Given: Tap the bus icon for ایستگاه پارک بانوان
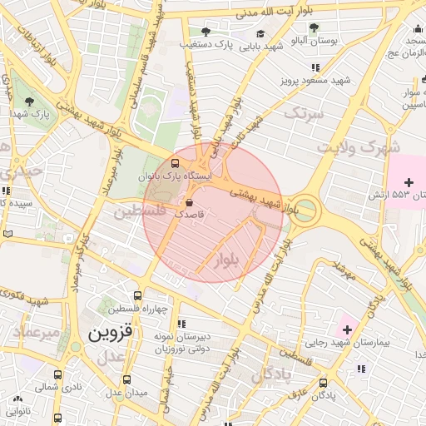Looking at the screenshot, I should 175,163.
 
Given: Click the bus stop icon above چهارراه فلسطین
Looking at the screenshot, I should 137,295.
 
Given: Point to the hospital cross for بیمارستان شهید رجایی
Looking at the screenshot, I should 347,330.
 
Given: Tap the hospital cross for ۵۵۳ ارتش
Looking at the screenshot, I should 408,181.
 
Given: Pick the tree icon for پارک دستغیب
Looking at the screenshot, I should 206,32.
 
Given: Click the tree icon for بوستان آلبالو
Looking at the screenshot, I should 314,27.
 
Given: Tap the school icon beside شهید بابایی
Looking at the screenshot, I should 260,34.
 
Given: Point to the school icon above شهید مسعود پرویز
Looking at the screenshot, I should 315,67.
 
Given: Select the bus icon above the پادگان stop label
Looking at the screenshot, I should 324,383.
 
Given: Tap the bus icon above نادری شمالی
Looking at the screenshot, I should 57,375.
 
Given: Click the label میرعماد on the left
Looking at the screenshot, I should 37,332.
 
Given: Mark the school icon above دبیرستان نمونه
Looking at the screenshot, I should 181,324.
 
